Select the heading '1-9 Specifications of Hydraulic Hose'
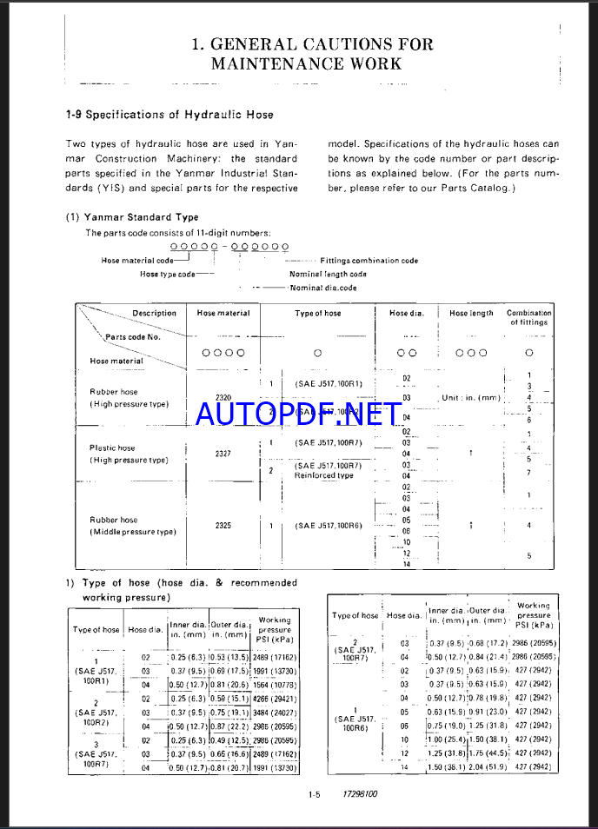click(x=169, y=115)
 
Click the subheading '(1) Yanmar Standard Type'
click(x=132, y=217)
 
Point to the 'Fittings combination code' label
click(x=369, y=261)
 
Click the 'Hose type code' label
click(x=168, y=274)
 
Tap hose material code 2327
click(x=222, y=454)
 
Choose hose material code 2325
click(x=222, y=525)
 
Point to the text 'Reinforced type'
click(x=323, y=475)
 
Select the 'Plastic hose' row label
click(x=112, y=448)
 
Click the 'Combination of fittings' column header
click(x=529, y=317)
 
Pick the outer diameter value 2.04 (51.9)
click(x=489, y=767)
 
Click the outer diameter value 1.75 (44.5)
click(x=489, y=753)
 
